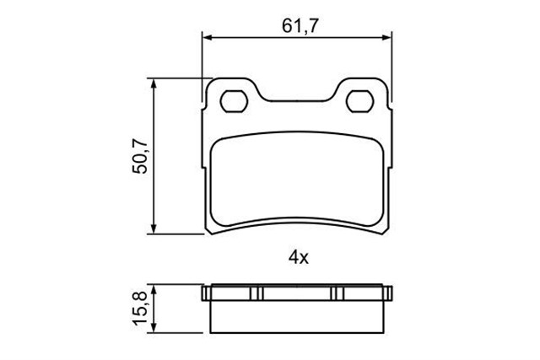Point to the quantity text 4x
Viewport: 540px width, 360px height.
click(298, 259)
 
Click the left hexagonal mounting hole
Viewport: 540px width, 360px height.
click(230, 101)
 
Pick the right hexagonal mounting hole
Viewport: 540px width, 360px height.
click(362, 101)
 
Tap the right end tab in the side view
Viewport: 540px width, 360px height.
click(388, 294)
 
